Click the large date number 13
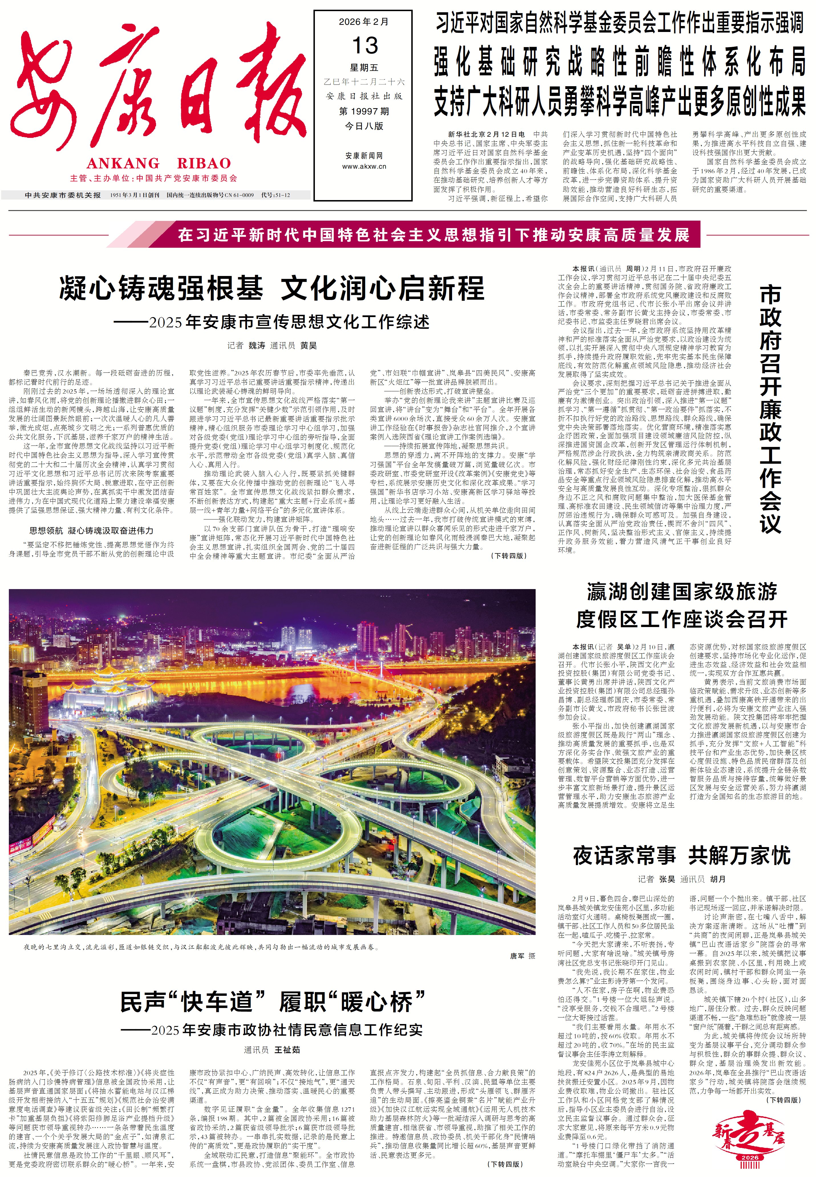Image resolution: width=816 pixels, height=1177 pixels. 365,46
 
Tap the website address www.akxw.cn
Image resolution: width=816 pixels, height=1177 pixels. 364,166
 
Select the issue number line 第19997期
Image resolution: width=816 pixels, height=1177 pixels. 364,111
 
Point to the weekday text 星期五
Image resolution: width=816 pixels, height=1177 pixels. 364,68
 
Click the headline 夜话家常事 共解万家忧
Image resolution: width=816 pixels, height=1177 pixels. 682,855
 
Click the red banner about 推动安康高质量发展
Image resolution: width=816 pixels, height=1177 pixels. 434,235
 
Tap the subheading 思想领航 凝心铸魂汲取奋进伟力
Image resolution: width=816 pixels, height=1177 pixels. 91,531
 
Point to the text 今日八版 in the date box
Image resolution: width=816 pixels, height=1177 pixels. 364,126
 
